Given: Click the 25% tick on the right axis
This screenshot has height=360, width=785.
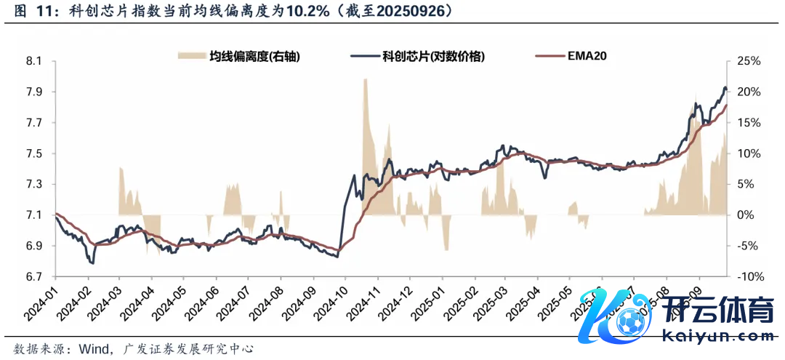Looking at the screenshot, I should tap(748, 61).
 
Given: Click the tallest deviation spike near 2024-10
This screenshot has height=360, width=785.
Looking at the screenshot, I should tap(364, 80).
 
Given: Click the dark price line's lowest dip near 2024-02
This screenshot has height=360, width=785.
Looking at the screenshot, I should tap(92, 262).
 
